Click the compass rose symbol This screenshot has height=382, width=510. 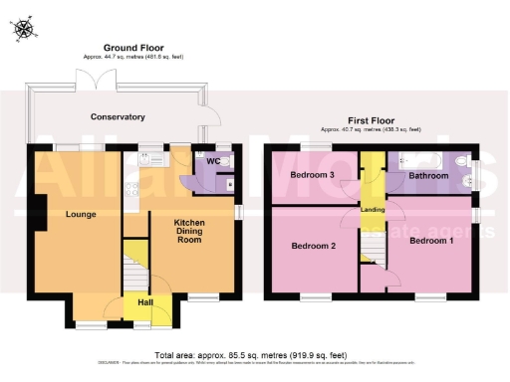point(22,29)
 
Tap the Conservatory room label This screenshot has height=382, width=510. point(118,116)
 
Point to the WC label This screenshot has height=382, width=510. point(213,160)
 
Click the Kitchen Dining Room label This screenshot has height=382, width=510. point(189,232)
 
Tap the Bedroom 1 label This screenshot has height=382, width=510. point(430,241)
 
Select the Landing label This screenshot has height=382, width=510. point(373,209)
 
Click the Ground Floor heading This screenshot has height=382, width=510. point(131,47)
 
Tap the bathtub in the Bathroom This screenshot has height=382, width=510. point(414,159)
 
